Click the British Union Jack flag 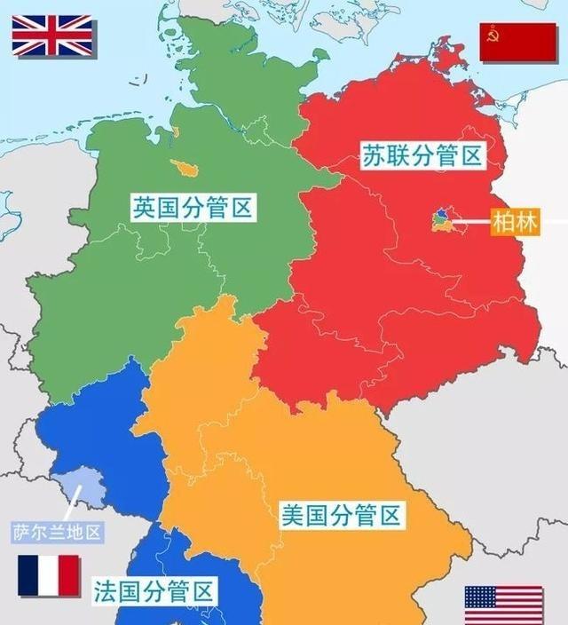(51, 36)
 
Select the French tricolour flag (49, 575)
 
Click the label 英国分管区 (193, 209)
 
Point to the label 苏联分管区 (422, 157)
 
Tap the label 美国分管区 (342, 514)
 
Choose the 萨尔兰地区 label (58, 533)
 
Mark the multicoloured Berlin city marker (441, 220)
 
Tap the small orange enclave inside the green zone (188, 169)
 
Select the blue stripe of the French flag (28, 575)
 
